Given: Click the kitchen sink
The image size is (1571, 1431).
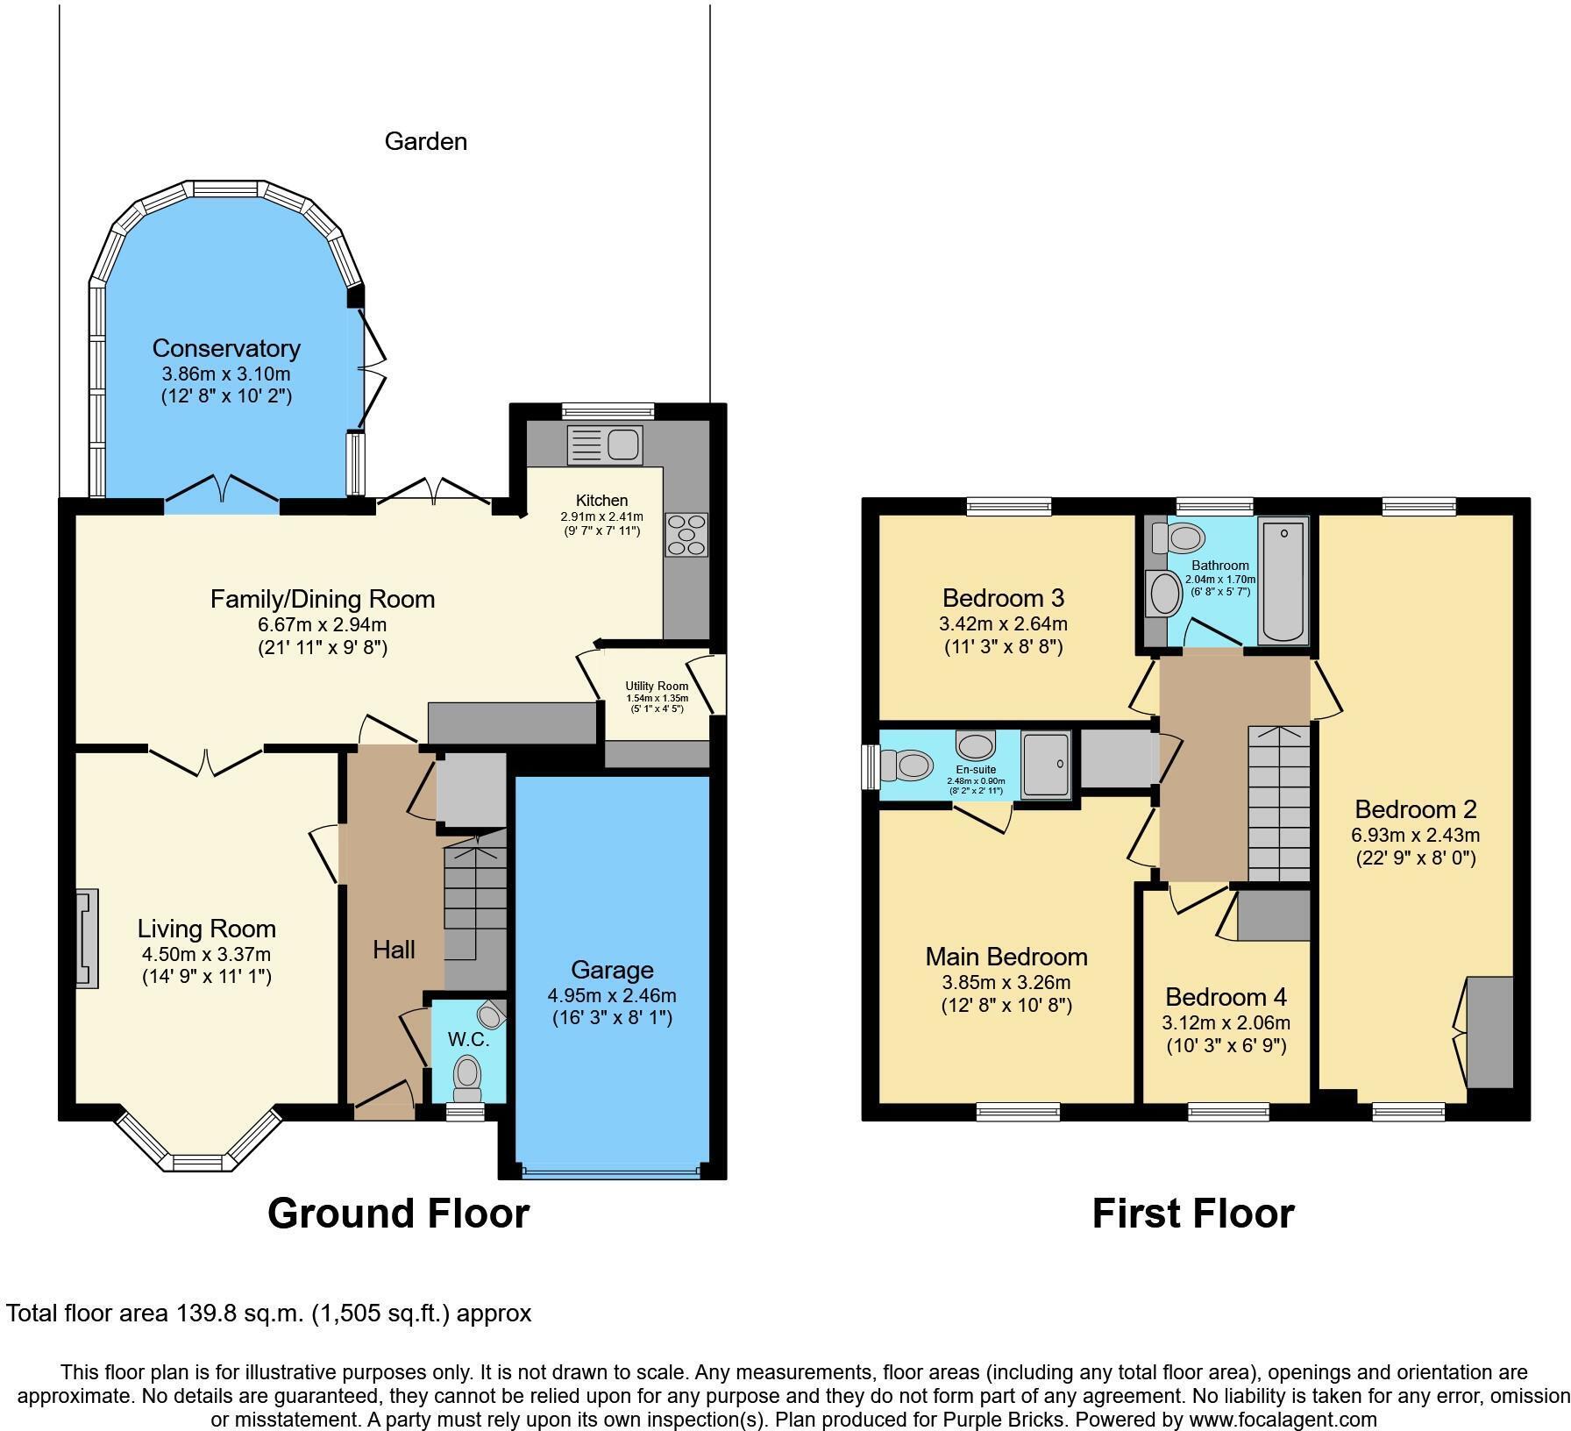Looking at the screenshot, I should [x=605, y=444].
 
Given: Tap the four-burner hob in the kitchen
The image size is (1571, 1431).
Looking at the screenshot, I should [x=686, y=535].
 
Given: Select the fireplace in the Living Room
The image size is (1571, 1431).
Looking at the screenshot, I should [x=87, y=938].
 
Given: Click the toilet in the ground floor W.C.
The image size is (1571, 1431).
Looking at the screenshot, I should [x=467, y=1075].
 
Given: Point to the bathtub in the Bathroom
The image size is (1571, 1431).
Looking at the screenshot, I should [x=1283, y=580].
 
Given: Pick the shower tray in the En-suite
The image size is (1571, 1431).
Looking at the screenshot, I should [x=1048, y=764].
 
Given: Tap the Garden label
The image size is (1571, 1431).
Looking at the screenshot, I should [x=425, y=141].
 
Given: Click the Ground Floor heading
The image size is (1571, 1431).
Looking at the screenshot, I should [x=398, y=1214].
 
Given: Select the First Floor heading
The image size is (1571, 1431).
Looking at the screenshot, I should [x=1192, y=1214].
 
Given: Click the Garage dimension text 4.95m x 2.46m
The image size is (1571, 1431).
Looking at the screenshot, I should [x=611, y=995].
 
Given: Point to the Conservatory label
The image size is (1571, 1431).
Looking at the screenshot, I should [x=226, y=348].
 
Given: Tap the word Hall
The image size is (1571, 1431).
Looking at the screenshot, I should [x=394, y=949].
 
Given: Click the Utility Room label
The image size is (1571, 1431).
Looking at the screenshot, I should [x=657, y=686].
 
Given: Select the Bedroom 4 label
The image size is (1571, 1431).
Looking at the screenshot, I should [x=1226, y=997].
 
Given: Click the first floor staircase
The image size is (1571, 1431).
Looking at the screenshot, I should [x=1279, y=802].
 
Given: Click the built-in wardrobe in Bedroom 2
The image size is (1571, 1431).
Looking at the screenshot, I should [x=1489, y=1032].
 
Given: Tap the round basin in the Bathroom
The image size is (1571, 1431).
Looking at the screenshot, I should [x=1165, y=594].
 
